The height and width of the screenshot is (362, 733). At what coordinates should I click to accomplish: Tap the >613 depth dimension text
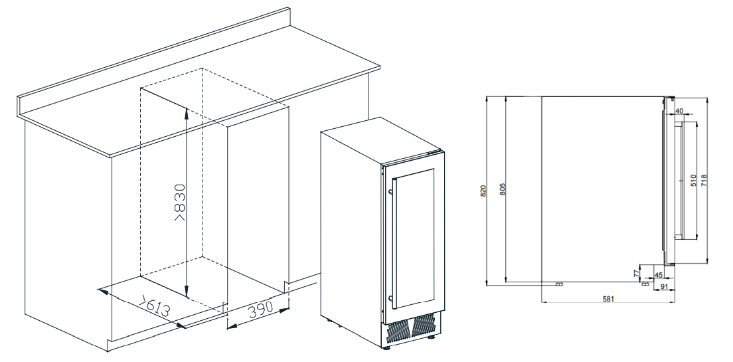pyautogui.click(x=154, y=306)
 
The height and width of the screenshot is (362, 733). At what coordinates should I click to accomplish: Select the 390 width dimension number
pyautogui.click(x=260, y=309)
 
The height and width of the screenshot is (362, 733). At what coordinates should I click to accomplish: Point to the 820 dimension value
pyautogui.click(x=483, y=191)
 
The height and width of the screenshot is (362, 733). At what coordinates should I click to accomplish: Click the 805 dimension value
pyautogui.click(x=503, y=189)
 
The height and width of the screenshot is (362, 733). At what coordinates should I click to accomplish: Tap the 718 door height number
pyautogui.click(x=704, y=180)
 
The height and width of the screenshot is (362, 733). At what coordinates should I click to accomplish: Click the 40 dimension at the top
pyautogui.click(x=679, y=111)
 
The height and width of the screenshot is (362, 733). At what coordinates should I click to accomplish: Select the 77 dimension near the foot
pyautogui.click(x=636, y=273)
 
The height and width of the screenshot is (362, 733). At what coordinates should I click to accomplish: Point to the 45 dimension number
pyautogui.click(x=659, y=275)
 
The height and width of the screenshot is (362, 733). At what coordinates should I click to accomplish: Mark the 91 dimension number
pyautogui.click(x=665, y=287)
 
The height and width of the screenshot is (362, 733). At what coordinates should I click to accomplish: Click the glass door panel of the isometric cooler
pyautogui.click(x=413, y=238)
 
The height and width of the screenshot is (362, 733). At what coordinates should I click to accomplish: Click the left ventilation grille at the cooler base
pyautogui.click(x=399, y=331)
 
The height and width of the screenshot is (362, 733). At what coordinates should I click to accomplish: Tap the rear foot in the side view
pyautogui.click(x=558, y=284)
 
